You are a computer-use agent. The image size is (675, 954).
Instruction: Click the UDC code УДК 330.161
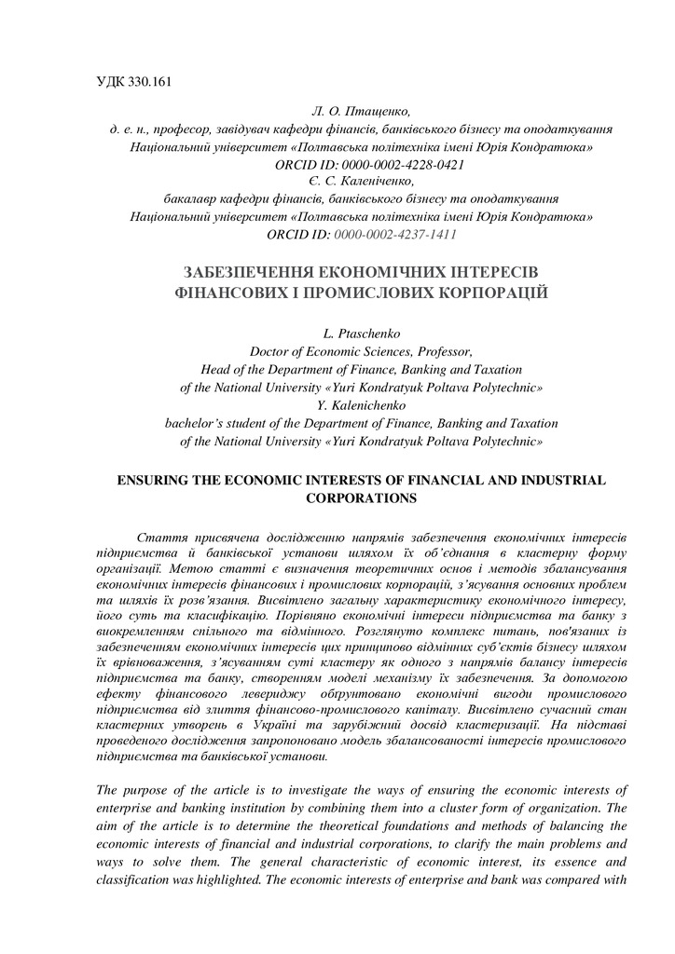tap(136, 80)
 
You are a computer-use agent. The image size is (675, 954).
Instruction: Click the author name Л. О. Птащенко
tap(357, 113)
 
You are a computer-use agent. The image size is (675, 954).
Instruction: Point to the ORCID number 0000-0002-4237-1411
tap(395, 234)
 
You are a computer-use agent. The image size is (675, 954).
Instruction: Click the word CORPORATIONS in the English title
tap(360, 498)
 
